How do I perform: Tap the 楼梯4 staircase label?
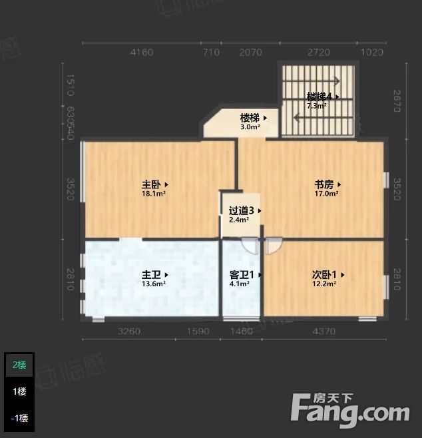pyautogui.click(x=321, y=96)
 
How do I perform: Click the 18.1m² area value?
pyautogui.click(x=153, y=194)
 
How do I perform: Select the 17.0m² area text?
pyautogui.click(x=326, y=194)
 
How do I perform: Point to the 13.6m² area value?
pyautogui.click(x=153, y=284)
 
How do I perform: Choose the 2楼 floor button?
pyautogui.click(x=19, y=365)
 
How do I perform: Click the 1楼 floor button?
pyautogui.click(x=19, y=391)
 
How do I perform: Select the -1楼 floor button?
pyautogui.click(x=19, y=418)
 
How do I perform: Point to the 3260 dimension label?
pyautogui.click(x=129, y=331)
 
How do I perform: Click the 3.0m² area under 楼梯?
pyautogui.click(x=250, y=126)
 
